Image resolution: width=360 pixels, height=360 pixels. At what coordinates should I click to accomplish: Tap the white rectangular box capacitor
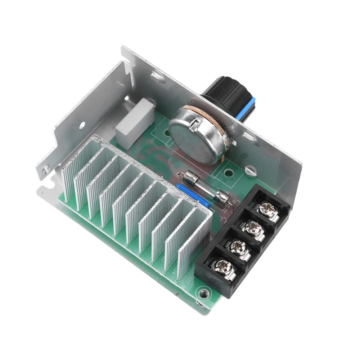[135, 122]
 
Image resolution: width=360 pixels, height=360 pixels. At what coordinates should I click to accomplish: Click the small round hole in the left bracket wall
[82, 125]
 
